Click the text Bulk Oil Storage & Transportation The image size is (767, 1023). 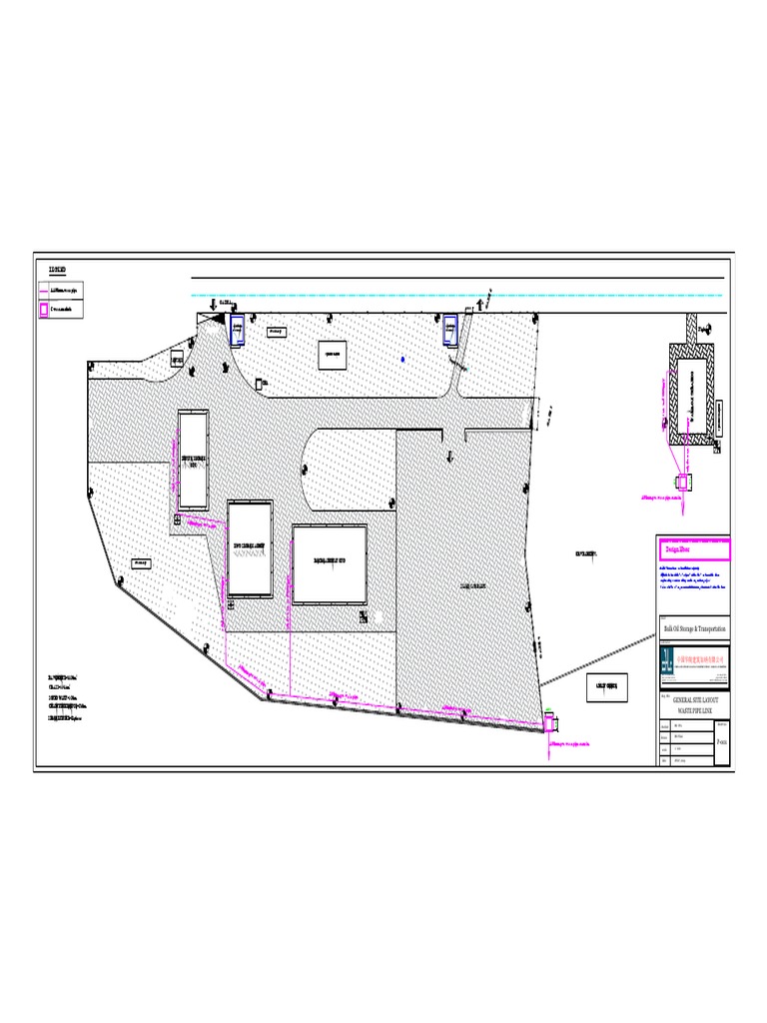click(695, 627)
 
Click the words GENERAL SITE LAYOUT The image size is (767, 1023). click(696, 701)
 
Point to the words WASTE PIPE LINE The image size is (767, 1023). click(696, 710)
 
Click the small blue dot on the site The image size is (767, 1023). click(402, 359)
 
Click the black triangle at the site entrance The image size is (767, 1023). click(216, 317)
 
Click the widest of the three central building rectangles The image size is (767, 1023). click(330, 563)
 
